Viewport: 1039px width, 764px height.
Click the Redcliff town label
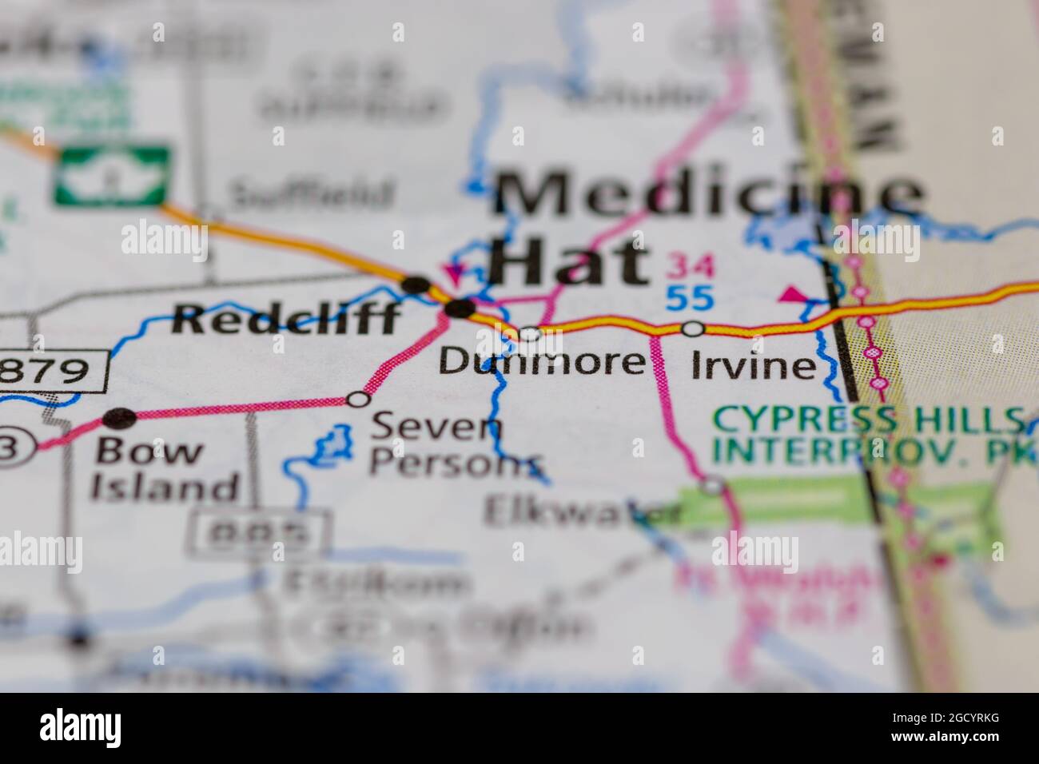(x=286, y=320)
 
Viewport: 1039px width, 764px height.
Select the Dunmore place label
(x=541, y=362)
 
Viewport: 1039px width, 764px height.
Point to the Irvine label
(x=753, y=366)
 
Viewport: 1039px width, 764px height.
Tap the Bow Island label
(x=166, y=468)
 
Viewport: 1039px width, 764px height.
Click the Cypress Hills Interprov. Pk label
(x=867, y=433)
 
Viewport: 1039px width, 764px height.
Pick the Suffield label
(x=312, y=193)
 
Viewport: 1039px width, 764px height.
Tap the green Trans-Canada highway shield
(x=112, y=173)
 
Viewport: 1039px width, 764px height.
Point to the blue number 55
(x=690, y=297)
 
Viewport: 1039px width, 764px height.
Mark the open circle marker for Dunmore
(x=530, y=332)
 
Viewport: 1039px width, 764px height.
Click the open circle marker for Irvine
(x=692, y=328)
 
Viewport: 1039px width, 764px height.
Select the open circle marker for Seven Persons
(x=359, y=398)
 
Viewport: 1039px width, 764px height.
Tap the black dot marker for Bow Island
(x=120, y=417)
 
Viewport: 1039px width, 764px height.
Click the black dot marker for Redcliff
(x=416, y=284)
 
